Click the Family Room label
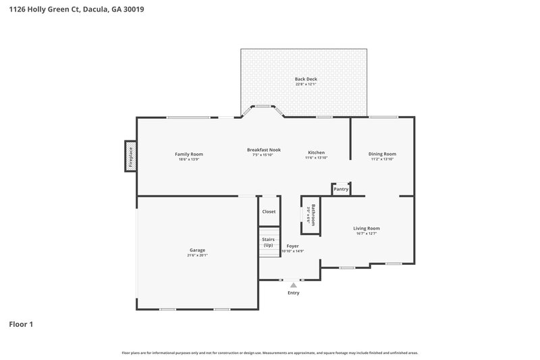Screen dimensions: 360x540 tap(188, 154)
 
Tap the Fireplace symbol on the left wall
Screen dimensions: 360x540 tap(130, 156)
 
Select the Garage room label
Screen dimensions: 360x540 tap(197, 250)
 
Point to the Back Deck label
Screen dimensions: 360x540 tap(305, 79)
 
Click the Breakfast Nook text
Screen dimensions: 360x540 tap(263, 149)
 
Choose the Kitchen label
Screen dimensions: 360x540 tap(316, 153)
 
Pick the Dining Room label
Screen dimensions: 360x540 tap(382, 153)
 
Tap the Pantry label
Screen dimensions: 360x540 tap(341, 189)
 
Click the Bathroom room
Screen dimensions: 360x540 tap(311, 215)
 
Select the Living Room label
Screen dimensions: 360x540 tap(367, 228)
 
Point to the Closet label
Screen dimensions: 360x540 tap(269, 211)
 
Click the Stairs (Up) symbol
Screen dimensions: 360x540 tap(268, 241)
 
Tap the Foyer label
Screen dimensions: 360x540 tap(292, 246)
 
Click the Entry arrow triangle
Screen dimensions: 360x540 tap(293, 286)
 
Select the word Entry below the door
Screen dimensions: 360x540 tap(293, 293)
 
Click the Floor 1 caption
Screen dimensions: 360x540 tap(21, 325)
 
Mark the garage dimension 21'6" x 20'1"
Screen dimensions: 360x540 tap(197, 255)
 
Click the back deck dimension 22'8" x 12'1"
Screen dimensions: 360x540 tap(305, 84)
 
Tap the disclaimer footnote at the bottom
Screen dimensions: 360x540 tap(269, 353)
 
